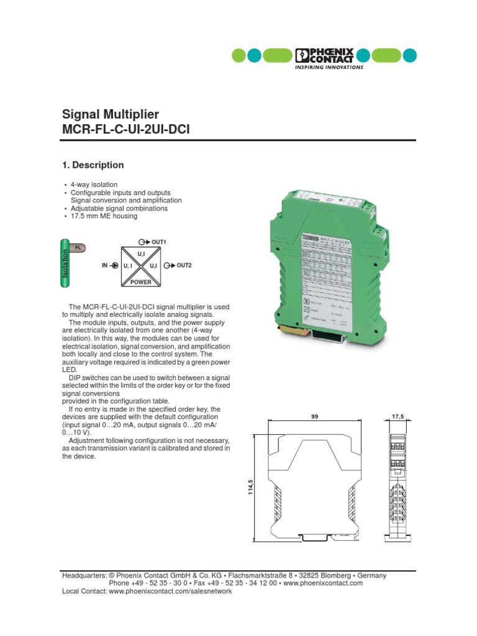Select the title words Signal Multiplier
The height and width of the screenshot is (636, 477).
pos(111,114)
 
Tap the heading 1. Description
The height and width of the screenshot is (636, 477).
pos(93,165)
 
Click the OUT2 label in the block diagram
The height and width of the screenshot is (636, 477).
pos(184,265)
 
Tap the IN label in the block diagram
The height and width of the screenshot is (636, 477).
pos(105,265)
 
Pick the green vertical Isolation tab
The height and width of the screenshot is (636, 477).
pos(65,263)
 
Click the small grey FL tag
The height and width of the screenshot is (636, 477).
pos(78,248)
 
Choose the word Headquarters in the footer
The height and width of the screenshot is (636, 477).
pos(84,576)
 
